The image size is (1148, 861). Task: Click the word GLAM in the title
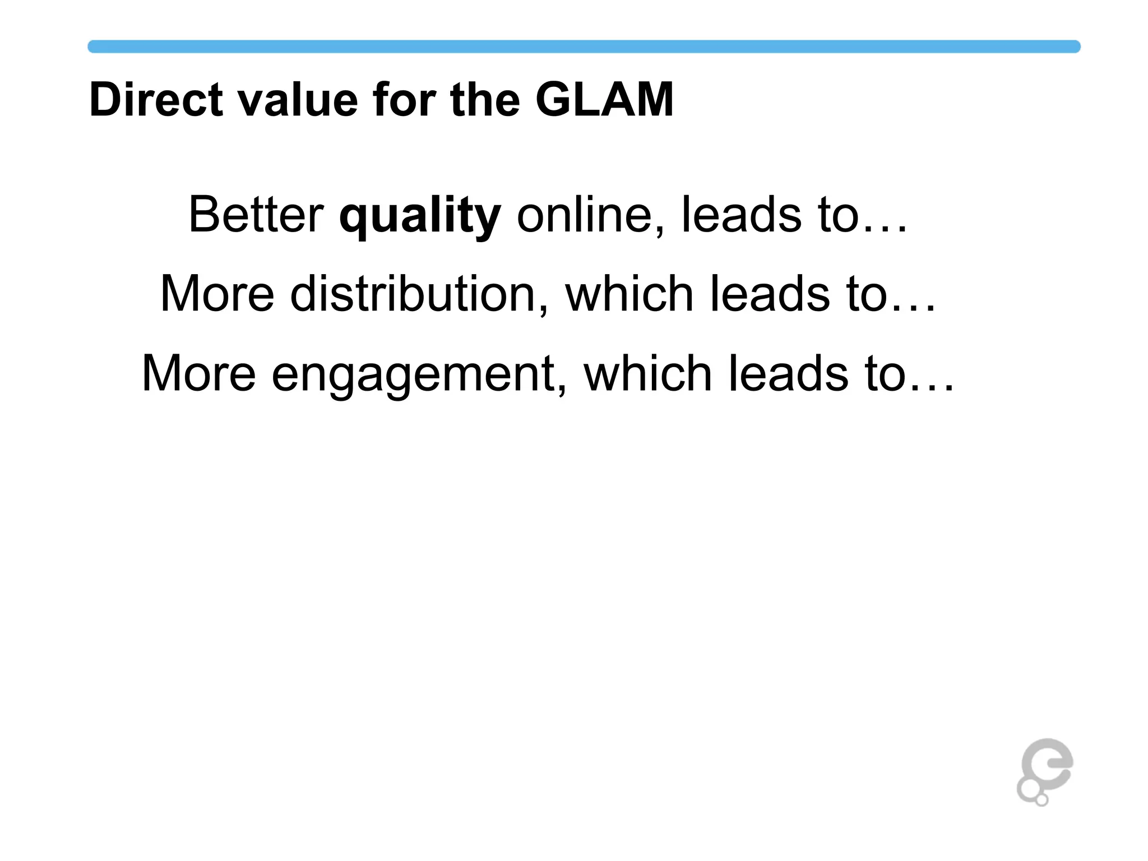pyautogui.click(x=604, y=100)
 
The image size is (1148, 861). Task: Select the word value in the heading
pyautogui.click(x=298, y=100)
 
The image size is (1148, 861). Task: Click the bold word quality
pyautogui.click(x=420, y=216)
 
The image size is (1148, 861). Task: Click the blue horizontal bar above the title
pyautogui.click(x=583, y=47)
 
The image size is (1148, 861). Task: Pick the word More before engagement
pyautogui.click(x=198, y=373)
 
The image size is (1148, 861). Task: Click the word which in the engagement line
pyautogui.click(x=648, y=373)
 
